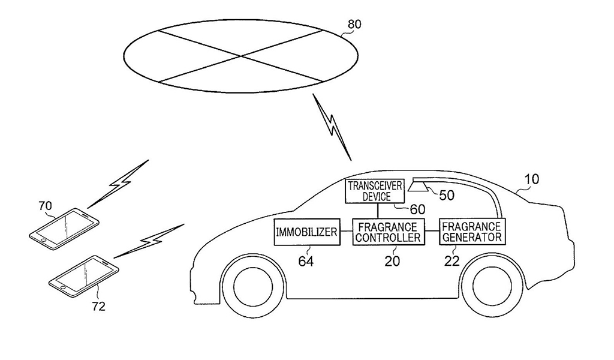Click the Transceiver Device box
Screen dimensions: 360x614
pyautogui.click(x=377, y=191)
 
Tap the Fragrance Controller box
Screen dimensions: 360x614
pyautogui.click(x=387, y=232)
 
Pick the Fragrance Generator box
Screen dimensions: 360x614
pyautogui.click(x=471, y=232)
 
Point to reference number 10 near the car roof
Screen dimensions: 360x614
pyautogui.click(x=531, y=179)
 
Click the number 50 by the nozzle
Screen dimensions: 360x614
pyautogui.click(x=447, y=196)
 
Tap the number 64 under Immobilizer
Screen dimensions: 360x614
pyautogui.click(x=305, y=261)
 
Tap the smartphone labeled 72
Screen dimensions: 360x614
pyautogui.click(x=83, y=275)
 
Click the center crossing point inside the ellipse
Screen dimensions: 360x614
pyautogui.click(x=242, y=56)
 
